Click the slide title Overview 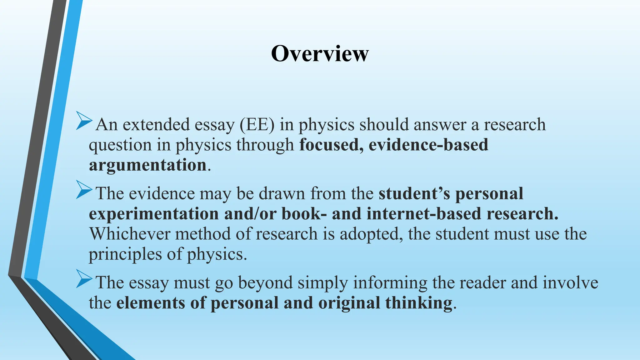point(320,53)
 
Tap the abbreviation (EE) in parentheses point(257,124)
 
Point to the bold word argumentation point(148,165)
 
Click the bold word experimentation point(154,214)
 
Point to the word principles point(125,254)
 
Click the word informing point(390,283)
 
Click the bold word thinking point(419,303)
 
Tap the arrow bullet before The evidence point(84,190)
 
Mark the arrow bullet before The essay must point(84,279)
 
